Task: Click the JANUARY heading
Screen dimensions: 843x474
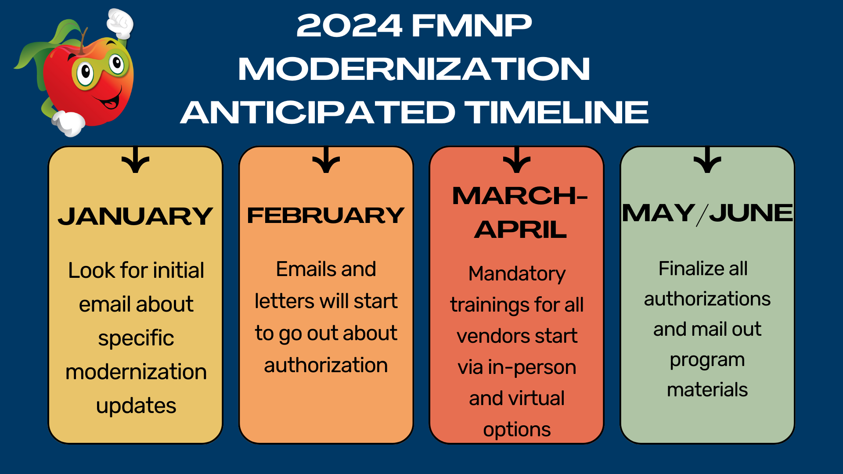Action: (x=135, y=216)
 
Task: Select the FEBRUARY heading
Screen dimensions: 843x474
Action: (x=326, y=215)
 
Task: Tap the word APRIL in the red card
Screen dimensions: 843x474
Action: (x=520, y=230)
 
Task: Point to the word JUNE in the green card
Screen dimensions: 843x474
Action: (x=751, y=213)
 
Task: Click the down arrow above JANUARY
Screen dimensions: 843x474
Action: (x=135, y=160)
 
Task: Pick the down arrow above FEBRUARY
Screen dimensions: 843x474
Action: (x=326, y=160)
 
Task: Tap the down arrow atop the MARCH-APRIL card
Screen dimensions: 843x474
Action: (x=517, y=160)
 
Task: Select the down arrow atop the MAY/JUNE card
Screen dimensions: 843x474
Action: (x=707, y=160)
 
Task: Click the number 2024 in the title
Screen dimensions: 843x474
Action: (x=349, y=25)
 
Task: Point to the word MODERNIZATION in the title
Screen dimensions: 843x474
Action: (x=414, y=69)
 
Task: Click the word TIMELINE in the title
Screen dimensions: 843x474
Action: (x=556, y=112)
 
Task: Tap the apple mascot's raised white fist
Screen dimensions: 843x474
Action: (x=120, y=23)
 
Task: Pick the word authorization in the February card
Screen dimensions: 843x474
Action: (x=326, y=365)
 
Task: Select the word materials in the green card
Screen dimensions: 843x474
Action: (x=707, y=390)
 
